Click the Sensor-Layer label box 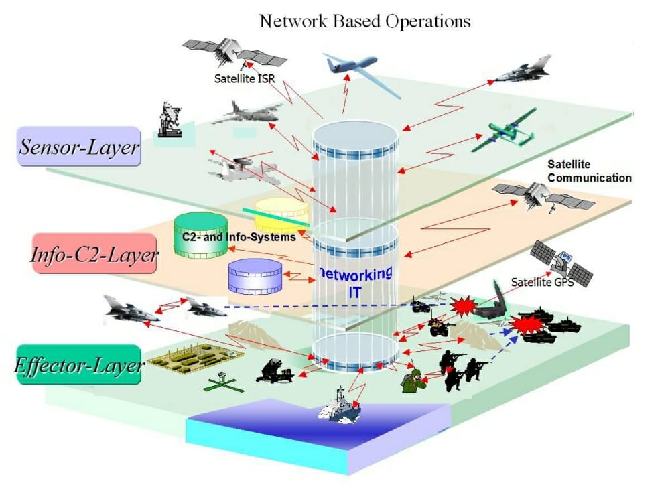(x=78, y=146)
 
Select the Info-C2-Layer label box (x=94, y=253)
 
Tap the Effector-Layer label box (x=78, y=364)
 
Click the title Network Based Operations (x=365, y=21)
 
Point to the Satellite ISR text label (x=245, y=78)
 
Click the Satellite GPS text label (x=542, y=283)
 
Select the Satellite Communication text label (x=589, y=171)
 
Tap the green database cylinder (x=200, y=236)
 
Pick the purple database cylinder (x=255, y=277)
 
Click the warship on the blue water (x=340, y=406)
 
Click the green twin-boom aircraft (x=505, y=131)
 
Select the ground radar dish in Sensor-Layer (x=170, y=120)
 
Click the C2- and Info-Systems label (x=239, y=237)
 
